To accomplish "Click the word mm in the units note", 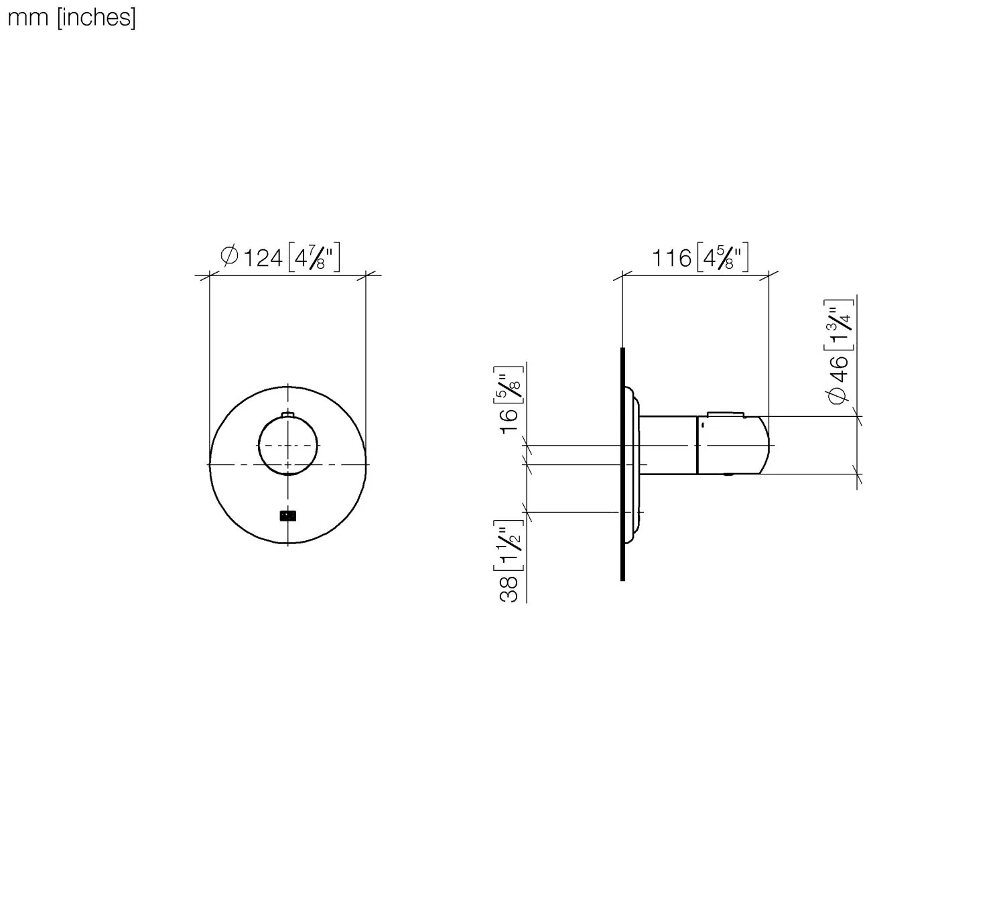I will (x=27, y=18).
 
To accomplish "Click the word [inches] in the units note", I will (x=96, y=18).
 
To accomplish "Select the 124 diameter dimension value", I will (x=262, y=258).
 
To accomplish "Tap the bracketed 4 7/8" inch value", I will (x=314, y=258).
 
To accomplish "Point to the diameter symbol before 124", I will (x=229, y=256).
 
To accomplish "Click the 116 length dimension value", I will (x=671, y=258).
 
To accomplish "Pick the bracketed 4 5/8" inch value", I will (x=722, y=258).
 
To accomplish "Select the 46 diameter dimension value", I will (x=839, y=369).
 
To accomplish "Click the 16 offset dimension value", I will (x=509, y=419).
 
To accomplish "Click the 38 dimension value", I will (x=509, y=588).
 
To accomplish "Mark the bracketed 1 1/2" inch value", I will (x=509, y=544).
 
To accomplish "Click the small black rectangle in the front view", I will (x=288, y=515).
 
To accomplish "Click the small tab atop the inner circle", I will (x=289, y=415).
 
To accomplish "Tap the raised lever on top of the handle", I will (x=725, y=415).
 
